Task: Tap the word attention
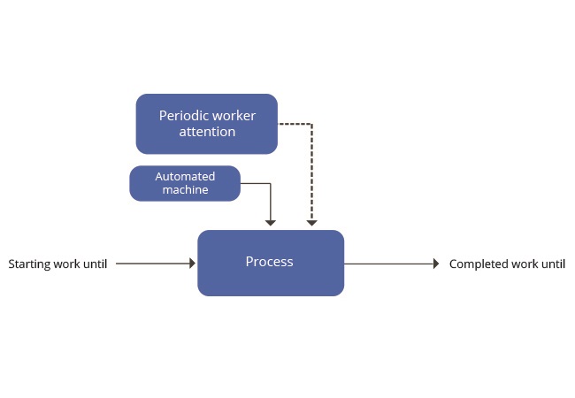(x=207, y=132)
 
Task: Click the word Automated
(x=185, y=176)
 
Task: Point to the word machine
(x=185, y=189)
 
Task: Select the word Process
(x=270, y=262)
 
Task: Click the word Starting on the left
(x=29, y=264)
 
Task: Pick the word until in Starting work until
(x=96, y=264)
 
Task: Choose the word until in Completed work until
(x=554, y=264)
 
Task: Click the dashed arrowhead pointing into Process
(x=311, y=223)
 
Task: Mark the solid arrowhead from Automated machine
(x=271, y=223)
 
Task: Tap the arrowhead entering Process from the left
(x=193, y=264)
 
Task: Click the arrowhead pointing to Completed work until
(x=436, y=264)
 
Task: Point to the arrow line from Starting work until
(x=153, y=264)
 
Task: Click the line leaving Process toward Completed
(x=388, y=264)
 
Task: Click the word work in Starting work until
(x=66, y=264)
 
